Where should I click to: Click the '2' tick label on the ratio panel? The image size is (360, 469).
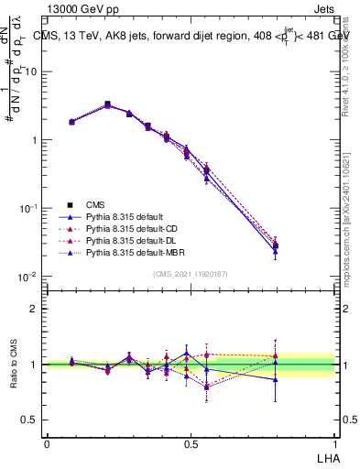[x=34, y=309]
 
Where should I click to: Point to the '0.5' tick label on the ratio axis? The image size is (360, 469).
[x=29, y=420]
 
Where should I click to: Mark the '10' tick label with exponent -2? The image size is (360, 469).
[x=27, y=277]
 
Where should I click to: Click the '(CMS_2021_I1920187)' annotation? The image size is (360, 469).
[x=191, y=273]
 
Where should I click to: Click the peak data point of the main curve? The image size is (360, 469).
[x=107, y=104]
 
